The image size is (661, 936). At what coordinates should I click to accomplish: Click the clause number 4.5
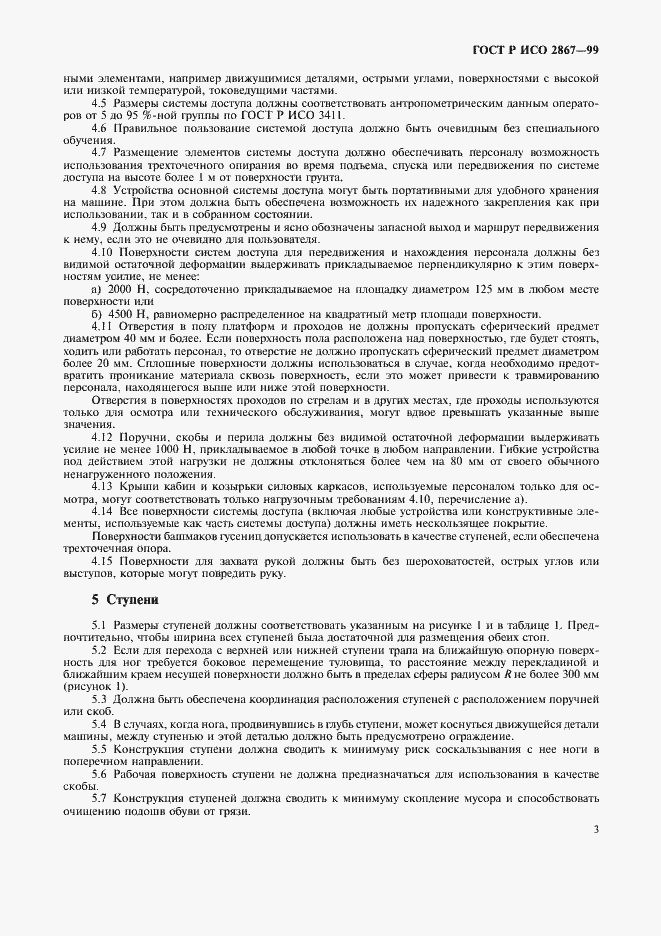click(100, 103)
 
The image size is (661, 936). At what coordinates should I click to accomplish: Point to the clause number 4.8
click(100, 189)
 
